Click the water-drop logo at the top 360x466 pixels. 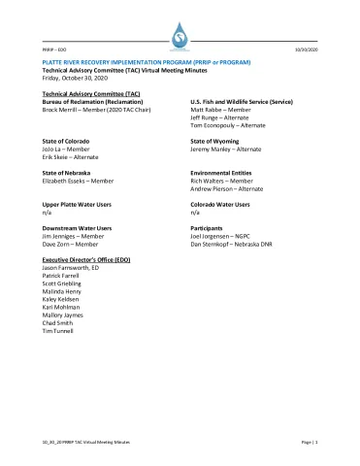[179, 35]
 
